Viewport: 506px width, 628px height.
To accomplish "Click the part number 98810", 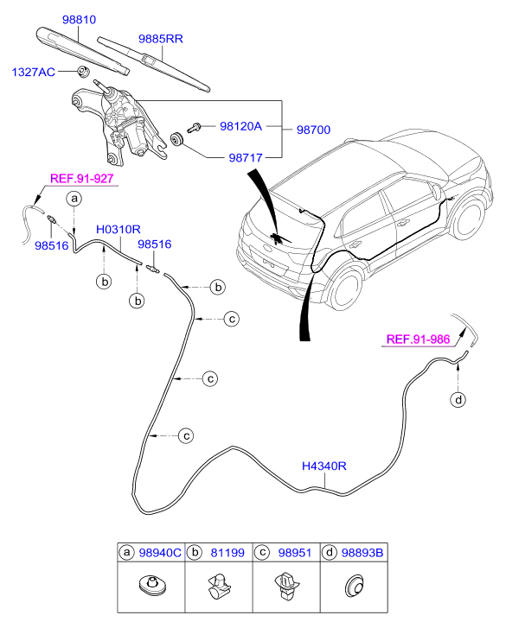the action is click(x=79, y=20).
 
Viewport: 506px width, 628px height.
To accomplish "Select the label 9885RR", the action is click(x=160, y=39).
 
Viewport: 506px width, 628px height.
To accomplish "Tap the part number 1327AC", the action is click(x=33, y=72).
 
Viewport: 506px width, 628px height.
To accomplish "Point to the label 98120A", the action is click(x=240, y=127).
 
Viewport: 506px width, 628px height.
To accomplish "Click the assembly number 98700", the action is click(x=313, y=130).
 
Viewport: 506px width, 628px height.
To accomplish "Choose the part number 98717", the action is click(x=246, y=158).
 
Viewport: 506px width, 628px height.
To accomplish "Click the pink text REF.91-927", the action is click(x=82, y=179).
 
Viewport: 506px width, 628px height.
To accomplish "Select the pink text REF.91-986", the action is click(x=418, y=339).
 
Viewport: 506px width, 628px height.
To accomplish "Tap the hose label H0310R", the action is click(x=118, y=230).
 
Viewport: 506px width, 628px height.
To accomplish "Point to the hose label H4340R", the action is click(x=324, y=466).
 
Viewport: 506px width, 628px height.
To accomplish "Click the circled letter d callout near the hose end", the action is click(x=458, y=399).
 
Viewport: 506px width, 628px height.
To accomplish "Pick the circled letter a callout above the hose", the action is click(x=74, y=199).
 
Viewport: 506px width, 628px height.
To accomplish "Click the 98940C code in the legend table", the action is click(x=160, y=553).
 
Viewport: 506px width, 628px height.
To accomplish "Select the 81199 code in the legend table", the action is click(x=227, y=553).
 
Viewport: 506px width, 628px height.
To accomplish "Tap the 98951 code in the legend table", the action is click(x=295, y=553).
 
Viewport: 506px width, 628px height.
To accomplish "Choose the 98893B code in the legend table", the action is click(x=362, y=553).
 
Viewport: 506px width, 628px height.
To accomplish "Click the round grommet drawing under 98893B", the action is click(x=355, y=587).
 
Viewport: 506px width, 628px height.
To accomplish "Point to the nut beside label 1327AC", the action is click(x=83, y=72).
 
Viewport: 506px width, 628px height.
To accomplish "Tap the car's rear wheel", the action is click(x=344, y=290).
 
